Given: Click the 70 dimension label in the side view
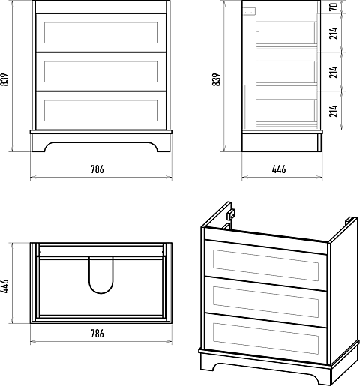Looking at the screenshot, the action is click(334, 7).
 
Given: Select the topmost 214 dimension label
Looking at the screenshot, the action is click(334, 33).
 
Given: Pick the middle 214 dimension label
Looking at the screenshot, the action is click(334, 72).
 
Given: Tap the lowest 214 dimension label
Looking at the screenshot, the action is click(334, 111).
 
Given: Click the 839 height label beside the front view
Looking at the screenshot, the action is click(4, 79).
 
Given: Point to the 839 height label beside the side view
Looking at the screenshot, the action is click(217, 79).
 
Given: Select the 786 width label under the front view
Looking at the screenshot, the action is click(97, 169).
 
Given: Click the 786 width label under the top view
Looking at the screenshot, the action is click(97, 334).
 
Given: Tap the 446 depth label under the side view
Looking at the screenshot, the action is click(279, 169).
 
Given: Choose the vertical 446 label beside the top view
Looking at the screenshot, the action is click(4, 286).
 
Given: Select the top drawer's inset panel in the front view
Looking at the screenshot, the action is click(101, 33).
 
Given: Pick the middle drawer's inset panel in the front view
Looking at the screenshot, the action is click(101, 72).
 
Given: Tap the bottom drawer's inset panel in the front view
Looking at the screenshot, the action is click(101, 111).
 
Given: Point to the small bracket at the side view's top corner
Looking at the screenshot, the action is click(250, 11).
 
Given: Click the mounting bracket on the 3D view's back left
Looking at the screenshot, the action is click(230, 214).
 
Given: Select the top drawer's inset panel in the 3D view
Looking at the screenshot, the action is click(265, 265).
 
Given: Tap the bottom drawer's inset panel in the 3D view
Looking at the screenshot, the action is click(265, 339).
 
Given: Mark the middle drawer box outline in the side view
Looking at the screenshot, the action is click(286, 74).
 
